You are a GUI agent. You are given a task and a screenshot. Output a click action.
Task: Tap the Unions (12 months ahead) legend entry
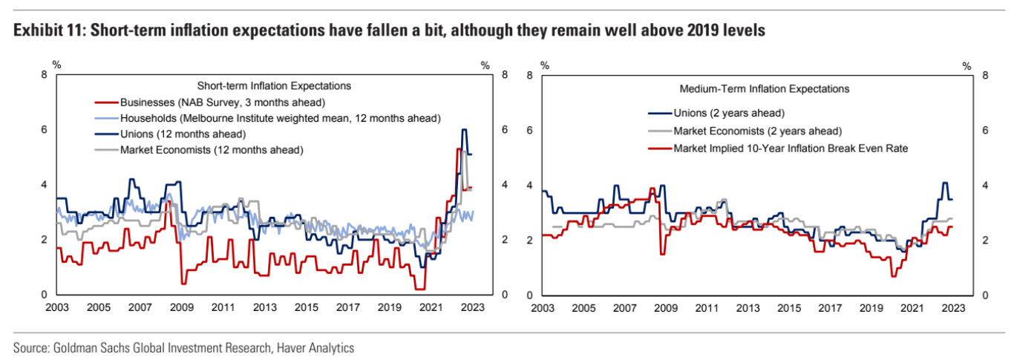pos(182,134)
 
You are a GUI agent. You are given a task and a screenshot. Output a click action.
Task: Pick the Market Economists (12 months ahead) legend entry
pos(211,150)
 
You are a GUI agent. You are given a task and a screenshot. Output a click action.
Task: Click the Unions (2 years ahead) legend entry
pos(728,114)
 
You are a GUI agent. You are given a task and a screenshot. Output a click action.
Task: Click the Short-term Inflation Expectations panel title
pos(272,85)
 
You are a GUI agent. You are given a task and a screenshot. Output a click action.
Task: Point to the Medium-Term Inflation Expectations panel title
pos(764,89)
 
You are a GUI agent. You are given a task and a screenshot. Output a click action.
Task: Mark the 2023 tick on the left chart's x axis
pos(472,307)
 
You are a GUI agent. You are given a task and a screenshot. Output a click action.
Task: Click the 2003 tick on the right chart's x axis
pos(543,307)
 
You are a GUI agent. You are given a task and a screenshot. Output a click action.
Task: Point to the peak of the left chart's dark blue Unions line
pos(464,130)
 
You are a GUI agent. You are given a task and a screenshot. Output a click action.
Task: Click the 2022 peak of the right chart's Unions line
pos(945,183)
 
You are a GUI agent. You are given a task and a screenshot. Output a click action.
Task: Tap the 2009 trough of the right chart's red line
pos(661,254)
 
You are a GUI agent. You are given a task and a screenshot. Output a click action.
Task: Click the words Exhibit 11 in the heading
pos(43,31)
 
